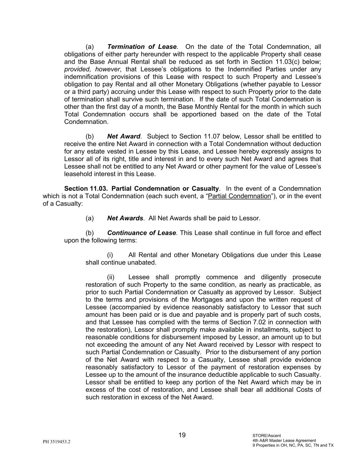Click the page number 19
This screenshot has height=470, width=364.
[182, 435]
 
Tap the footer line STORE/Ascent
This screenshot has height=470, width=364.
[267, 436]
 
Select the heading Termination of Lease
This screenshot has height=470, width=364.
[142, 47]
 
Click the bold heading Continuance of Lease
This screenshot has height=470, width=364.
[141, 233]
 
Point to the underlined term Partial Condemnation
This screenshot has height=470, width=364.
[240, 196]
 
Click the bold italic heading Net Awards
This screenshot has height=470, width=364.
[125, 218]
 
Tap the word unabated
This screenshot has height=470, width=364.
[143, 262]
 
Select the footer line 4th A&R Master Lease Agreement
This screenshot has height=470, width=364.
[284, 440]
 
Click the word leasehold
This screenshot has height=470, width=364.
[79, 174]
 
